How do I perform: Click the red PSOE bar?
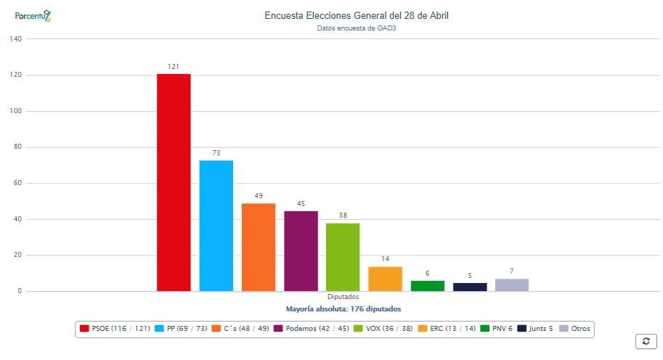174,182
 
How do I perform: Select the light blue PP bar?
216,226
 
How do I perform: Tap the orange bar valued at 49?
259,247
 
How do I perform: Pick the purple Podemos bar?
301,250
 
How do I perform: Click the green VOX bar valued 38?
343,257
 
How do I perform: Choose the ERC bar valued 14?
385,279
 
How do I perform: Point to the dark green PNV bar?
427,286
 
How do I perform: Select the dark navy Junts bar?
470,287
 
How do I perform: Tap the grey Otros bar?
512,285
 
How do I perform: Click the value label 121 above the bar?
174,67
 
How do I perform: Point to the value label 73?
216,153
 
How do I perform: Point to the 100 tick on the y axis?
15,111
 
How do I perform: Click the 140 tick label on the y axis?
15,39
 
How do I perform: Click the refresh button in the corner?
646,340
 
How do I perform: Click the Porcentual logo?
33,15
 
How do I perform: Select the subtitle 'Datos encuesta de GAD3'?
357,28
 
